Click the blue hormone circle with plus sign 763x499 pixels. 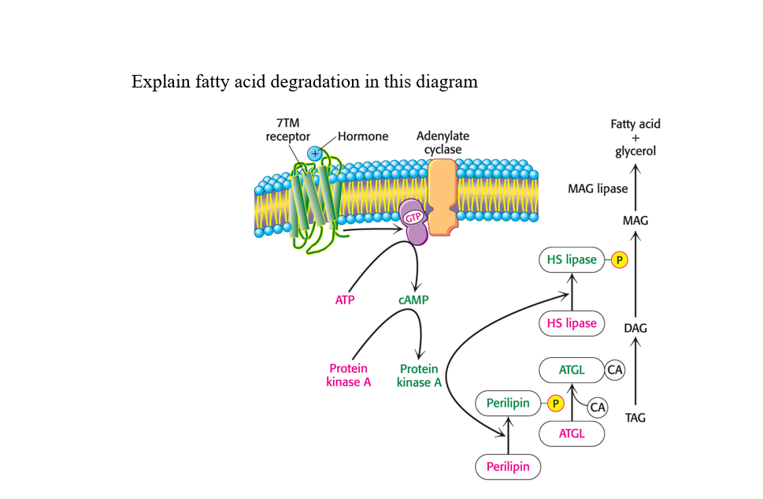point(315,154)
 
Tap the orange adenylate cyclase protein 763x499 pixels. point(442,198)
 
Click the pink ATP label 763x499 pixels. point(345,300)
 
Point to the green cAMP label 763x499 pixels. point(413,300)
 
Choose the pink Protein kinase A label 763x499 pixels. point(349,375)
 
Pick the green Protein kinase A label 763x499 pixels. point(419,375)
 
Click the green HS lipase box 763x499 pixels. point(571,259)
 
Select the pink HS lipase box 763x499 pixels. point(571,323)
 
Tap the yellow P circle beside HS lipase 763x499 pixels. point(619,260)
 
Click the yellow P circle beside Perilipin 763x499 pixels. point(556,404)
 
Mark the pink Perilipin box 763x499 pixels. point(508,467)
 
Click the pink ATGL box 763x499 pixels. point(572,434)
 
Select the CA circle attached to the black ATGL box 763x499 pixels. point(615,369)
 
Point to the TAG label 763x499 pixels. point(635,418)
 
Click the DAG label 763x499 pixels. point(635,328)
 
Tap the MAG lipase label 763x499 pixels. point(598,188)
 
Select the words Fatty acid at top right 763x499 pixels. point(635,124)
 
